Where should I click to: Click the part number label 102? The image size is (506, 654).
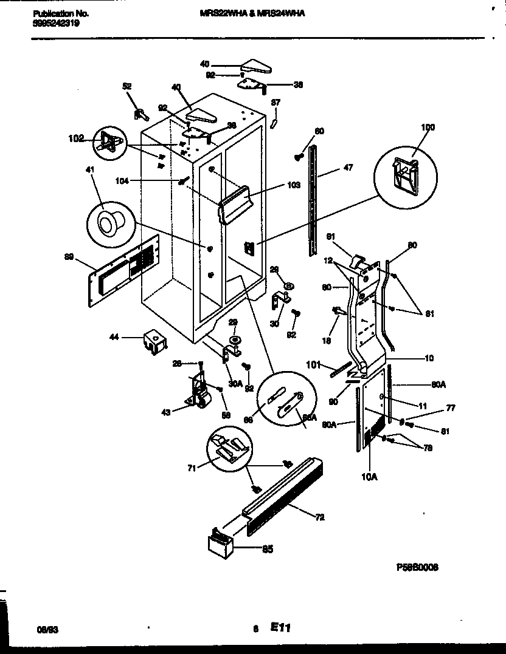pos(76,138)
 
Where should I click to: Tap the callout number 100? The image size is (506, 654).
pos(428,127)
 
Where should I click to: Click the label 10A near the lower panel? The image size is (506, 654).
pos(369,477)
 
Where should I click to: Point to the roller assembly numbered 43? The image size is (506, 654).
pos(196,398)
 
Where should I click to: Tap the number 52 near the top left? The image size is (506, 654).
pos(126,87)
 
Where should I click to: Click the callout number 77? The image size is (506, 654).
pos(451,408)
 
